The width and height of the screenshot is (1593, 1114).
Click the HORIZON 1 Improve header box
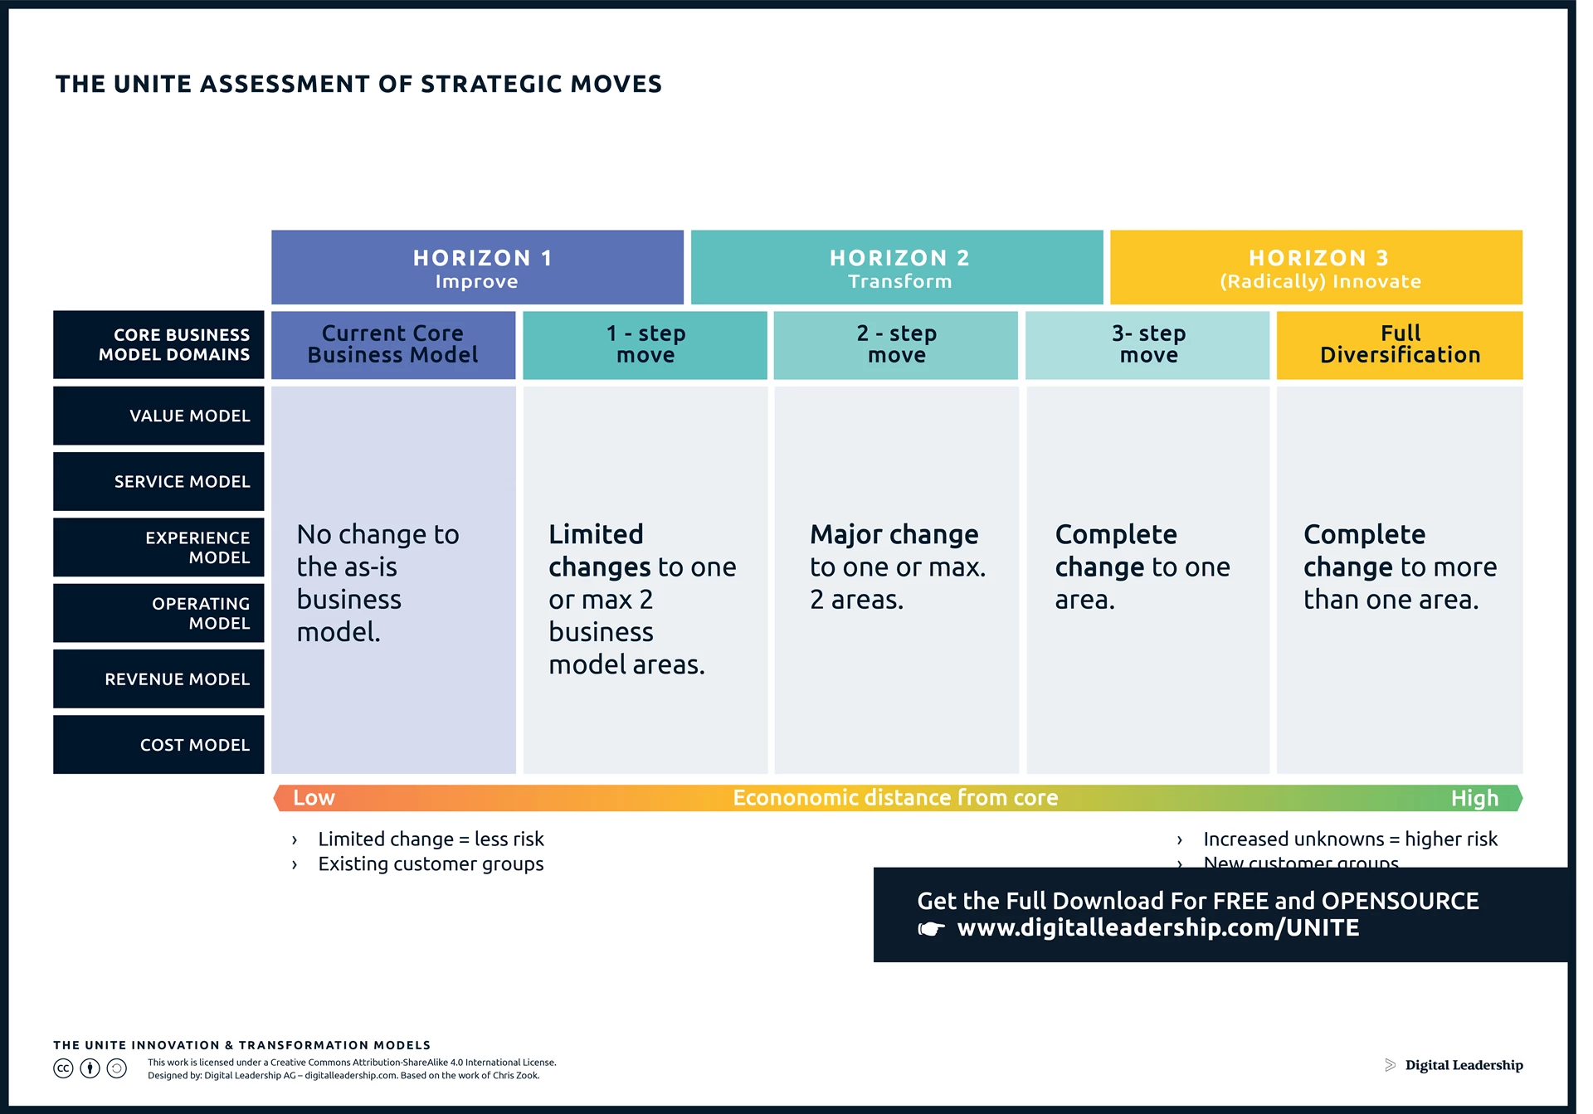[477, 267]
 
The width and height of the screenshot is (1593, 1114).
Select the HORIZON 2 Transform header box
[896, 267]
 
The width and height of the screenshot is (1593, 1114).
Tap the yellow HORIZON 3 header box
[1316, 267]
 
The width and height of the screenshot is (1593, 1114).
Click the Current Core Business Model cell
[393, 345]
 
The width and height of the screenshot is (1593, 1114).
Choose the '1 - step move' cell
[645, 345]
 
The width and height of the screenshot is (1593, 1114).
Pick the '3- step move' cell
[1147, 345]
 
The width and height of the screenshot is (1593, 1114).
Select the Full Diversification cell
[1400, 345]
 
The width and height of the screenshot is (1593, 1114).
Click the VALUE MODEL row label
[158, 416]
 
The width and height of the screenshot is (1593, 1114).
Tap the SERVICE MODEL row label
[158, 481]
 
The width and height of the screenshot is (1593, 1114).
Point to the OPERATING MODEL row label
[158, 613]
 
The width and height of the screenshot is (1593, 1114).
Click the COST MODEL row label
[158, 745]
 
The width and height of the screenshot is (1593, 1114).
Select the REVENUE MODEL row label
[158, 679]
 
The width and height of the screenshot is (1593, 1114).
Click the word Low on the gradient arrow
[314, 798]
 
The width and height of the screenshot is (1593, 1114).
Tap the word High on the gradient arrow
[1474, 798]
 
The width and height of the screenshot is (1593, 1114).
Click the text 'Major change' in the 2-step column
[894, 535]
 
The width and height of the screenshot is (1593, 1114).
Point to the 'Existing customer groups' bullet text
[431, 864]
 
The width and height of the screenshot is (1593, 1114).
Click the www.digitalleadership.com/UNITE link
[1157, 927]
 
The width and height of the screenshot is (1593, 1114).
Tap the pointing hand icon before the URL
[931, 929]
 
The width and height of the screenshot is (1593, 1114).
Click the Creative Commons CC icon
[63, 1068]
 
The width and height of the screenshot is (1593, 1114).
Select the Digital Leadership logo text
[1464, 1065]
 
